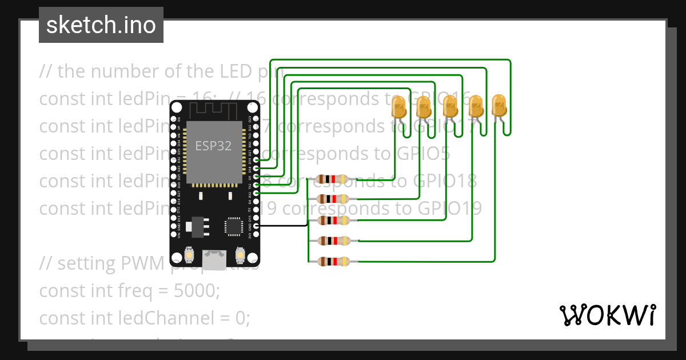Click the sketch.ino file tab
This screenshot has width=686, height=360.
(x=101, y=25)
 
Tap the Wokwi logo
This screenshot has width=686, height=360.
(x=607, y=315)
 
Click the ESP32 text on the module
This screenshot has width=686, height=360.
(x=213, y=146)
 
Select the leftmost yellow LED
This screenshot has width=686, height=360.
(x=398, y=107)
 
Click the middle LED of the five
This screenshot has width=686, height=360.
(x=450, y=107)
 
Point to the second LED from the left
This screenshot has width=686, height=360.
(x=424, y=107)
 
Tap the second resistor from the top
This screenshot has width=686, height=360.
(x=332, y=199)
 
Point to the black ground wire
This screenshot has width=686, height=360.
(x=283, y=226)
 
